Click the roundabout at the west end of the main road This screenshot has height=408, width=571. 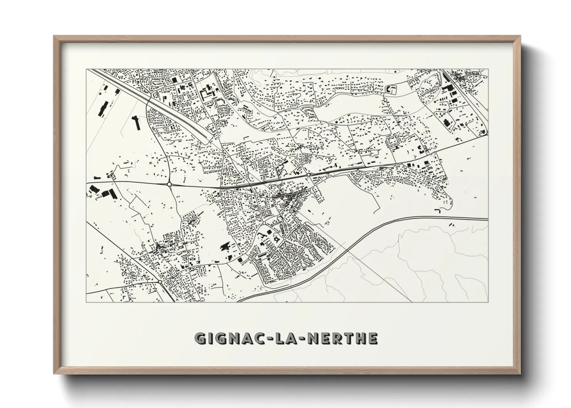pyautogui.click(x=169, y=185)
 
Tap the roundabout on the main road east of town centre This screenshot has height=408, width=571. pyautogui.click(x=309, y=175)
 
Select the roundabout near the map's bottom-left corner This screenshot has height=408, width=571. pyautogui.click(x=160, y=283)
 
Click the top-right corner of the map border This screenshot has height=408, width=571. pyautogui.click(x=488, y=69)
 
